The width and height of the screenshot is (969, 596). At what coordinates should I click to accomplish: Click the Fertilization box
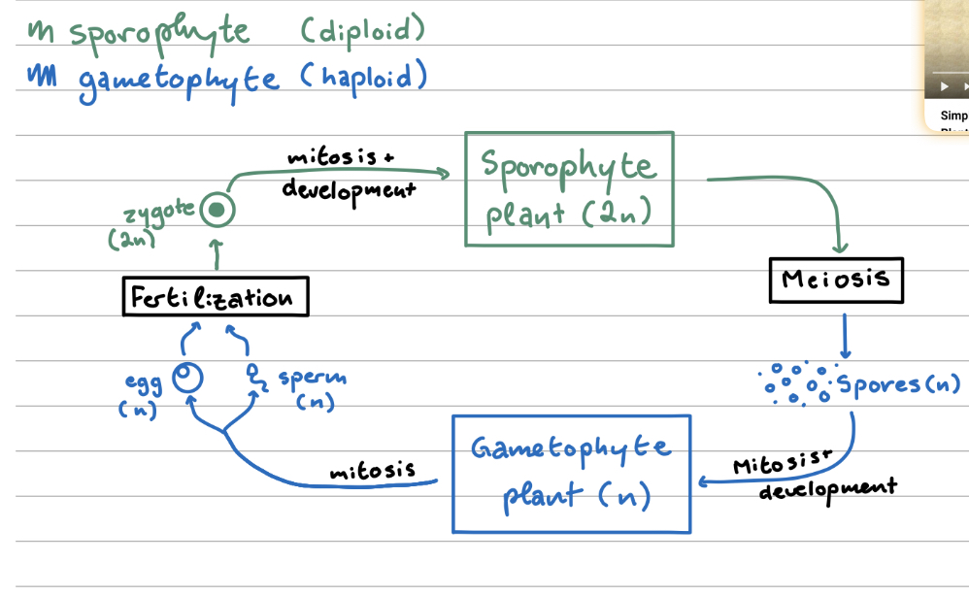click(x=216, y=297)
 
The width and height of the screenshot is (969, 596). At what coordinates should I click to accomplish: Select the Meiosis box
click(x=835, y=281)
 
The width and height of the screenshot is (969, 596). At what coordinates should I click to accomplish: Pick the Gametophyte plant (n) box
click(x=571, y=474)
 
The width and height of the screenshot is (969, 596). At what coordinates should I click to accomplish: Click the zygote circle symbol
click(x=219, y=210)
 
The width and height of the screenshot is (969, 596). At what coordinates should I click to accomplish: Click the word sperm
click(x=312, y=378)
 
